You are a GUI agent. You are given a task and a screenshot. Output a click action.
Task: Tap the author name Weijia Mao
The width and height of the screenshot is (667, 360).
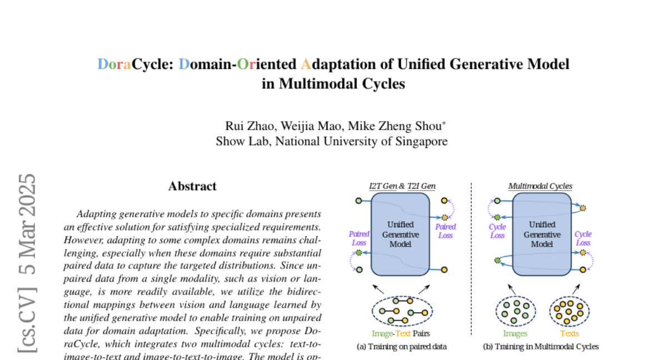point(306,125)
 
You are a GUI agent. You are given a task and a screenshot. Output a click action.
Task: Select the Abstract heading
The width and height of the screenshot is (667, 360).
point(192,187)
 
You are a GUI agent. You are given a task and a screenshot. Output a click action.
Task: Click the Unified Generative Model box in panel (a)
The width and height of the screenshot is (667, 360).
point(400,234)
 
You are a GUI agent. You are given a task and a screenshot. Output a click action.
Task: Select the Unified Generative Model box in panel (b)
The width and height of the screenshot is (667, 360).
point(542,234)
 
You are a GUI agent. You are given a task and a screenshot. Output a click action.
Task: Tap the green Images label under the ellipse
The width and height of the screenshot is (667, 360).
point(515,334)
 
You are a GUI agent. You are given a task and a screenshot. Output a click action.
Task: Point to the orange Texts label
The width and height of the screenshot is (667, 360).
point(569,334)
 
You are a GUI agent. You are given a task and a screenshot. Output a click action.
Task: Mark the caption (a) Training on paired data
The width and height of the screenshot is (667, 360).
point(401,347)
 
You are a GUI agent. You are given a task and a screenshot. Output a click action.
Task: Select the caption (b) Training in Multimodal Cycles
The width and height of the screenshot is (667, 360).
point(541,347)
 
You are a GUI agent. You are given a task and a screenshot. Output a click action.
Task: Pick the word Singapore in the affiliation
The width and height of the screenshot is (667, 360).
point(422,141)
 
